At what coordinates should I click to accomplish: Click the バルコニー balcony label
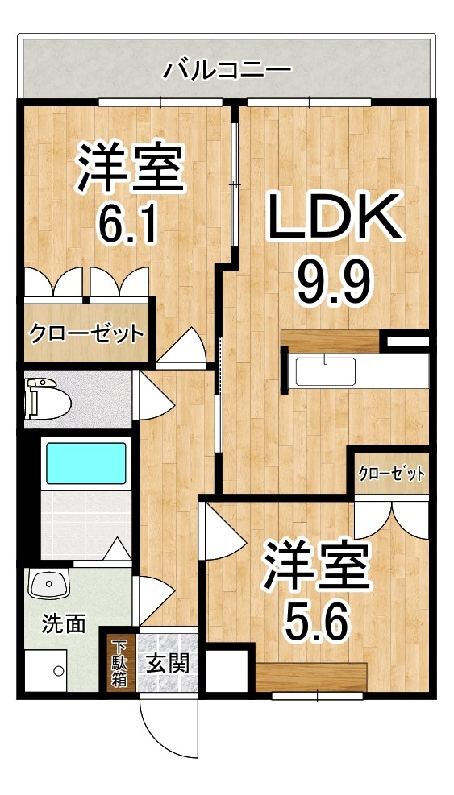click(227, 69)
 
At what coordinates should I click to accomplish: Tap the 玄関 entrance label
click(169, 665)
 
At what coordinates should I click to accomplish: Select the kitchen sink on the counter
click(325, 372)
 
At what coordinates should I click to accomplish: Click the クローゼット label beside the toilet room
click(86, 333)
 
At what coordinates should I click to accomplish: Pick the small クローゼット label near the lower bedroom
click(391, 474)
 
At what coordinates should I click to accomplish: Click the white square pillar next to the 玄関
click(226, 669)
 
